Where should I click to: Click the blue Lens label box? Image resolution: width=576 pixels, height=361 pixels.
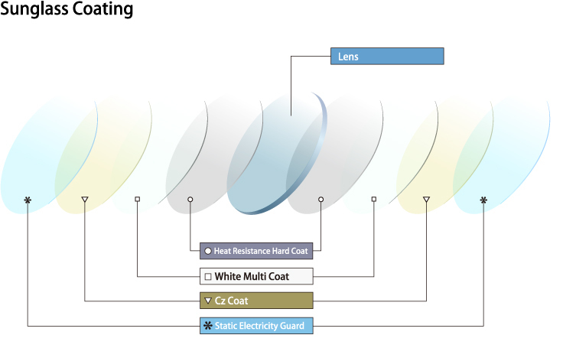point(386,56)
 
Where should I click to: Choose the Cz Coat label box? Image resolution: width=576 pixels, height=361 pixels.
point(256,301)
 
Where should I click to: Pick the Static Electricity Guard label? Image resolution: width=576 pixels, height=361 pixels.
point(256,326)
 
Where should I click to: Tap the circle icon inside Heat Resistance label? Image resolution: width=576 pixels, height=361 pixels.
point(207,251)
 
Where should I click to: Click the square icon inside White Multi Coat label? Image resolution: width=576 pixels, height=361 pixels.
point(207,276)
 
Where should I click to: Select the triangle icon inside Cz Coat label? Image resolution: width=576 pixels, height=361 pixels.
point(207,301)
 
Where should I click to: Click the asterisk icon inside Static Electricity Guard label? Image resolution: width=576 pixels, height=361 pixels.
point(207,326)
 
